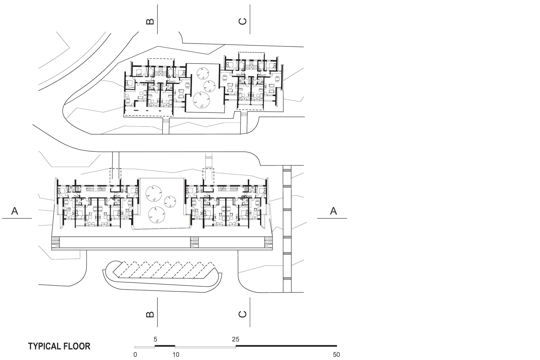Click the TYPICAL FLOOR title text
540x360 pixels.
coord(59,346)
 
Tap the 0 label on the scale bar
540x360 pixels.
coord(135,354)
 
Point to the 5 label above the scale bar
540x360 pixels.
coord(155,339)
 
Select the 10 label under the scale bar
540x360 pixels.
coord(176,354)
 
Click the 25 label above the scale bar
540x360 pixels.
coord(235,339)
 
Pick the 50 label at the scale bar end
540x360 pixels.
coord(336,354)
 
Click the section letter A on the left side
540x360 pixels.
coord(14,211)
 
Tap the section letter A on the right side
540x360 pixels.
coord(333,211)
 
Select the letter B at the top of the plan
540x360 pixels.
coord(150,21)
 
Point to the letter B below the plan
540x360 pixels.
coord(150,314)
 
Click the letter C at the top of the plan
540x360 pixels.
coord(242,21)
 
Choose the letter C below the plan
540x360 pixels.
coord(242,314)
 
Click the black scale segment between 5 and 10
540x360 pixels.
coord(165,346)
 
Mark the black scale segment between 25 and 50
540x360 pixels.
coord(286,346)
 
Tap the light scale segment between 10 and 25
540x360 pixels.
coord(206,347)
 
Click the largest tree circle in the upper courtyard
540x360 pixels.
coord(201,100)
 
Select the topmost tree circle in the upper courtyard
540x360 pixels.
coord(202,73)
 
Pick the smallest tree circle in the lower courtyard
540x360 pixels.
coord(169,202)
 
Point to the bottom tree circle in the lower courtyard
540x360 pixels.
coord(156,214)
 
